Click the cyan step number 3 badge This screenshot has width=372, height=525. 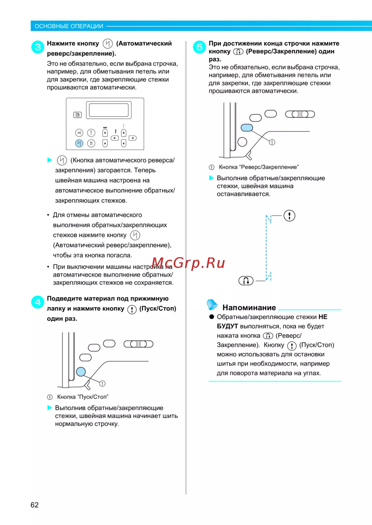(x=38, y=47)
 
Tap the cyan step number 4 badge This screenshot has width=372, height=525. (x=38, y=302)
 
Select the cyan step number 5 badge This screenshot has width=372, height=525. (x=199, y=47)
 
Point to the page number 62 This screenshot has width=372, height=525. (x=35, y=505)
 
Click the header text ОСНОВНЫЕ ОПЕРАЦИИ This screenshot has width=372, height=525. (x=69, y=26)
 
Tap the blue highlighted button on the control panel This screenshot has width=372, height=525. (x=79, y=143)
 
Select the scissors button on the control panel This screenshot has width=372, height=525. (x=79, y=133)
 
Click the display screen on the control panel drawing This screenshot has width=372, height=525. (x=109, y=110)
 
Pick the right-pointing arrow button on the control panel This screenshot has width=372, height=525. (x=132, y=138)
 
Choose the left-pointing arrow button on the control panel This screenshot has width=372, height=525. (x=115, y=138)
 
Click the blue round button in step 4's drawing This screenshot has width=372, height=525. (x=81, y=372)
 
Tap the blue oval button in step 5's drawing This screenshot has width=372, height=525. (x=247, y=127)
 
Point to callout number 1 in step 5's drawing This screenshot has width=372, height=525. (x=272, y=142)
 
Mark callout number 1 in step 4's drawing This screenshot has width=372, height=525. (x=102, y=383)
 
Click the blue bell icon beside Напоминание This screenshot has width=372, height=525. (x=212, y=304)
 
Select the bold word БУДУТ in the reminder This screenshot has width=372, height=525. (x=227, y=326)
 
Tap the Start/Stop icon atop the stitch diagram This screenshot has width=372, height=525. (x=289, y=215)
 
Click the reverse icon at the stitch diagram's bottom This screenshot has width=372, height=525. (x=246, y=281)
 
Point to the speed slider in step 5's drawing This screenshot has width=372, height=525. (x=300, y=114)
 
